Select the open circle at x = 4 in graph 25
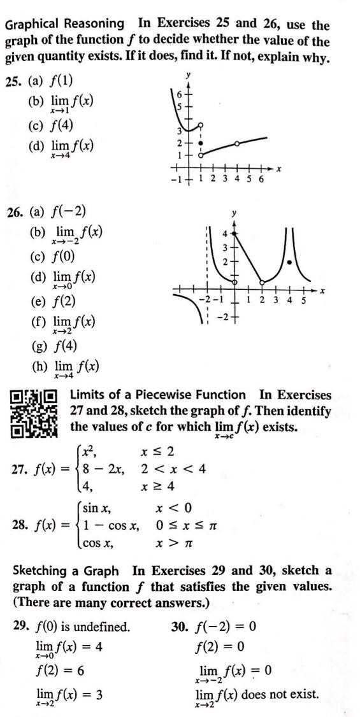237,144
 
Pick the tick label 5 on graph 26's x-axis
303,300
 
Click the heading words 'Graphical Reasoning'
64,24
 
